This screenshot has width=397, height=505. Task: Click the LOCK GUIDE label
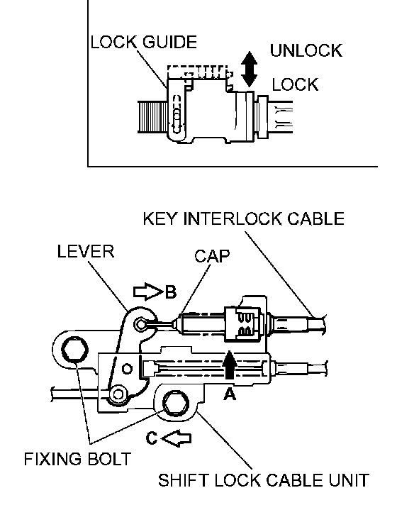(x=144, y=42)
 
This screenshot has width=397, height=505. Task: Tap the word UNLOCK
(x=306, y=50)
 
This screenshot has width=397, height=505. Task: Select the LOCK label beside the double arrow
(x=295, y=84)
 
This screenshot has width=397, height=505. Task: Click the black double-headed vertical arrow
(x=250, y=70)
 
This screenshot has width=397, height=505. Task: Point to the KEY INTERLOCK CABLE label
(x=243, y=218)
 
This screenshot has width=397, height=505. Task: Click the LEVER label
(x=86, y=251)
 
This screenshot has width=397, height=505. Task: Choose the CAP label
(x=212, y=256)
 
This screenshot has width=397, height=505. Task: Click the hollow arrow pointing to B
(x=148, y=292)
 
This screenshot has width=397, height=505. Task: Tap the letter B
(x=171, y=292)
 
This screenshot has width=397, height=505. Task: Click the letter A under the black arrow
(x=230, y=393)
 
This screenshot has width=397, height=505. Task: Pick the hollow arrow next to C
(x=176, y=438)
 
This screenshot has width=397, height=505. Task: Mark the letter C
(x=152, y=438)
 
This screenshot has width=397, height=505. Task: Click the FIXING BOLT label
(x=77, y=459)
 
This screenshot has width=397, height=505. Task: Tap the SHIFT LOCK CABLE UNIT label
(x=264, y=480)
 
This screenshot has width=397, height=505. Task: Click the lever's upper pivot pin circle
(x=141, y=324)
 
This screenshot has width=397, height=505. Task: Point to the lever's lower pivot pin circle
(x=118, y=394)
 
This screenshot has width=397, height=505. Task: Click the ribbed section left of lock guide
(x=153, y=116)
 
